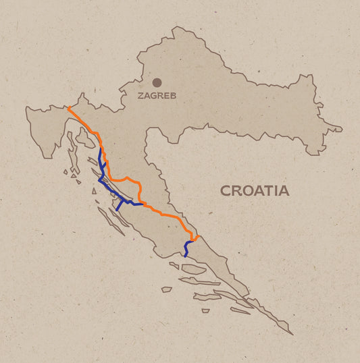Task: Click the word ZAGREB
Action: click(157, 96)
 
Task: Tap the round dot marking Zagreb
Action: click(157, 82)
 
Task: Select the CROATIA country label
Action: click(255, 191)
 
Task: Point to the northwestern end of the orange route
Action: click(68, 107)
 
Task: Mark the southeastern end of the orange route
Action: click(197, 237)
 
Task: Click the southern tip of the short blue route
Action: click(184, 256)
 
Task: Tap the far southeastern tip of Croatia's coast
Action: click(292, 333)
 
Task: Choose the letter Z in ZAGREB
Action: click(141, 96)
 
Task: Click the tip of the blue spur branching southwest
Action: click(116, 210)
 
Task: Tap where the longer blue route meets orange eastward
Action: click(144, 203)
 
